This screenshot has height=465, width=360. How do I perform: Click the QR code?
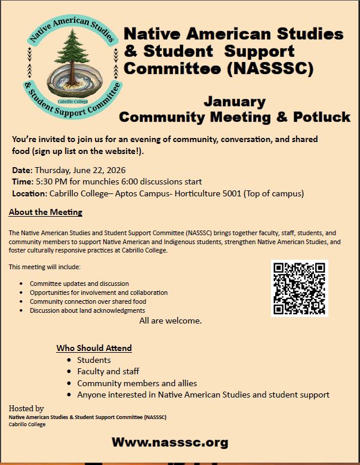pos(300,288)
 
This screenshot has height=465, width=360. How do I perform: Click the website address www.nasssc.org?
pos(170,442)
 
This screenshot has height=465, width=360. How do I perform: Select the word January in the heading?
pos(234,101)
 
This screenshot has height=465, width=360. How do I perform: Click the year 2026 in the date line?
pos(115,170)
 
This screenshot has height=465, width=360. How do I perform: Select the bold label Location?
pos(29,193)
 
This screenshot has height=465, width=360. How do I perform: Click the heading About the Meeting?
pos(45,212)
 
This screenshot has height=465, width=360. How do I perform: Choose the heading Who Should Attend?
pos(94,348)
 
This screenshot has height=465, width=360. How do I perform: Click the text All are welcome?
pos(171,321)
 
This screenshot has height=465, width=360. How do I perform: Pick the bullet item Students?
pos(94,360)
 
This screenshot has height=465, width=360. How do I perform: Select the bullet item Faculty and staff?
pos(108,371)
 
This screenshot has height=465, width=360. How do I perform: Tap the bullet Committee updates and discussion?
pos(79,284)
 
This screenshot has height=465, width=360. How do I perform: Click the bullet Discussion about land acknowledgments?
pos(87,310)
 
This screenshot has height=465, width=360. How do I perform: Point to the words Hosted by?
pos(26,408)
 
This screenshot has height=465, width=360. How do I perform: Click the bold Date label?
pos(23,170)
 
